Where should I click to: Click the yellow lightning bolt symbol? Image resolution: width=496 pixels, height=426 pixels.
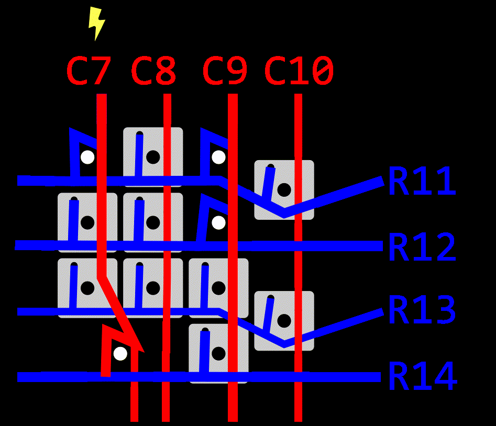click(96, 23)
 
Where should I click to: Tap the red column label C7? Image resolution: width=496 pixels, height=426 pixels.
click(89, 72)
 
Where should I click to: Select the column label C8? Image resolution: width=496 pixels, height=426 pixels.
click(153, 72)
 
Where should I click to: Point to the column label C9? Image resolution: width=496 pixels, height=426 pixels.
click(225, 72)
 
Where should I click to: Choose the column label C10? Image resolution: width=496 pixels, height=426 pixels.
click(299, 72)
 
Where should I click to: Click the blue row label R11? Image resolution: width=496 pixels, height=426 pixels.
click(422, 182)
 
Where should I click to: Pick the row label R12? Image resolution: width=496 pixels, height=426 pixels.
click(422, 247)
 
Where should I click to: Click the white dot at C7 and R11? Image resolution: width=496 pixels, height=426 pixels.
click(87, 156)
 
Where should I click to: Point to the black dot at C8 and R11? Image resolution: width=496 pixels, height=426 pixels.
click(153, 156)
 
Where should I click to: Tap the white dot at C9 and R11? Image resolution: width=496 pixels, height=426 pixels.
click(218, 156)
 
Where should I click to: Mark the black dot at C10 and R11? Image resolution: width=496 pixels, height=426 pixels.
click(284, 189)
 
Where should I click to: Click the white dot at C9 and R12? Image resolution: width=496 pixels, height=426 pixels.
click(218, 222)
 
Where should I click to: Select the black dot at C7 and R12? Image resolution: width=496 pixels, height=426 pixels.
click(87, 222)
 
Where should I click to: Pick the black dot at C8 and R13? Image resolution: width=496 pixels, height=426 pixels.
click(153, 287)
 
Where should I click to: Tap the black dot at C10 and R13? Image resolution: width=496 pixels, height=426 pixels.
click(284, 320)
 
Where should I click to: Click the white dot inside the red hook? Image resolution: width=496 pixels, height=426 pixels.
click(120, 353)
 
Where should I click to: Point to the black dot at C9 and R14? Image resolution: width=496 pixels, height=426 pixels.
click(218, 353)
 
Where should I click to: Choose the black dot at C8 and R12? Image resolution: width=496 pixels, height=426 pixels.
click(153, 222)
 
